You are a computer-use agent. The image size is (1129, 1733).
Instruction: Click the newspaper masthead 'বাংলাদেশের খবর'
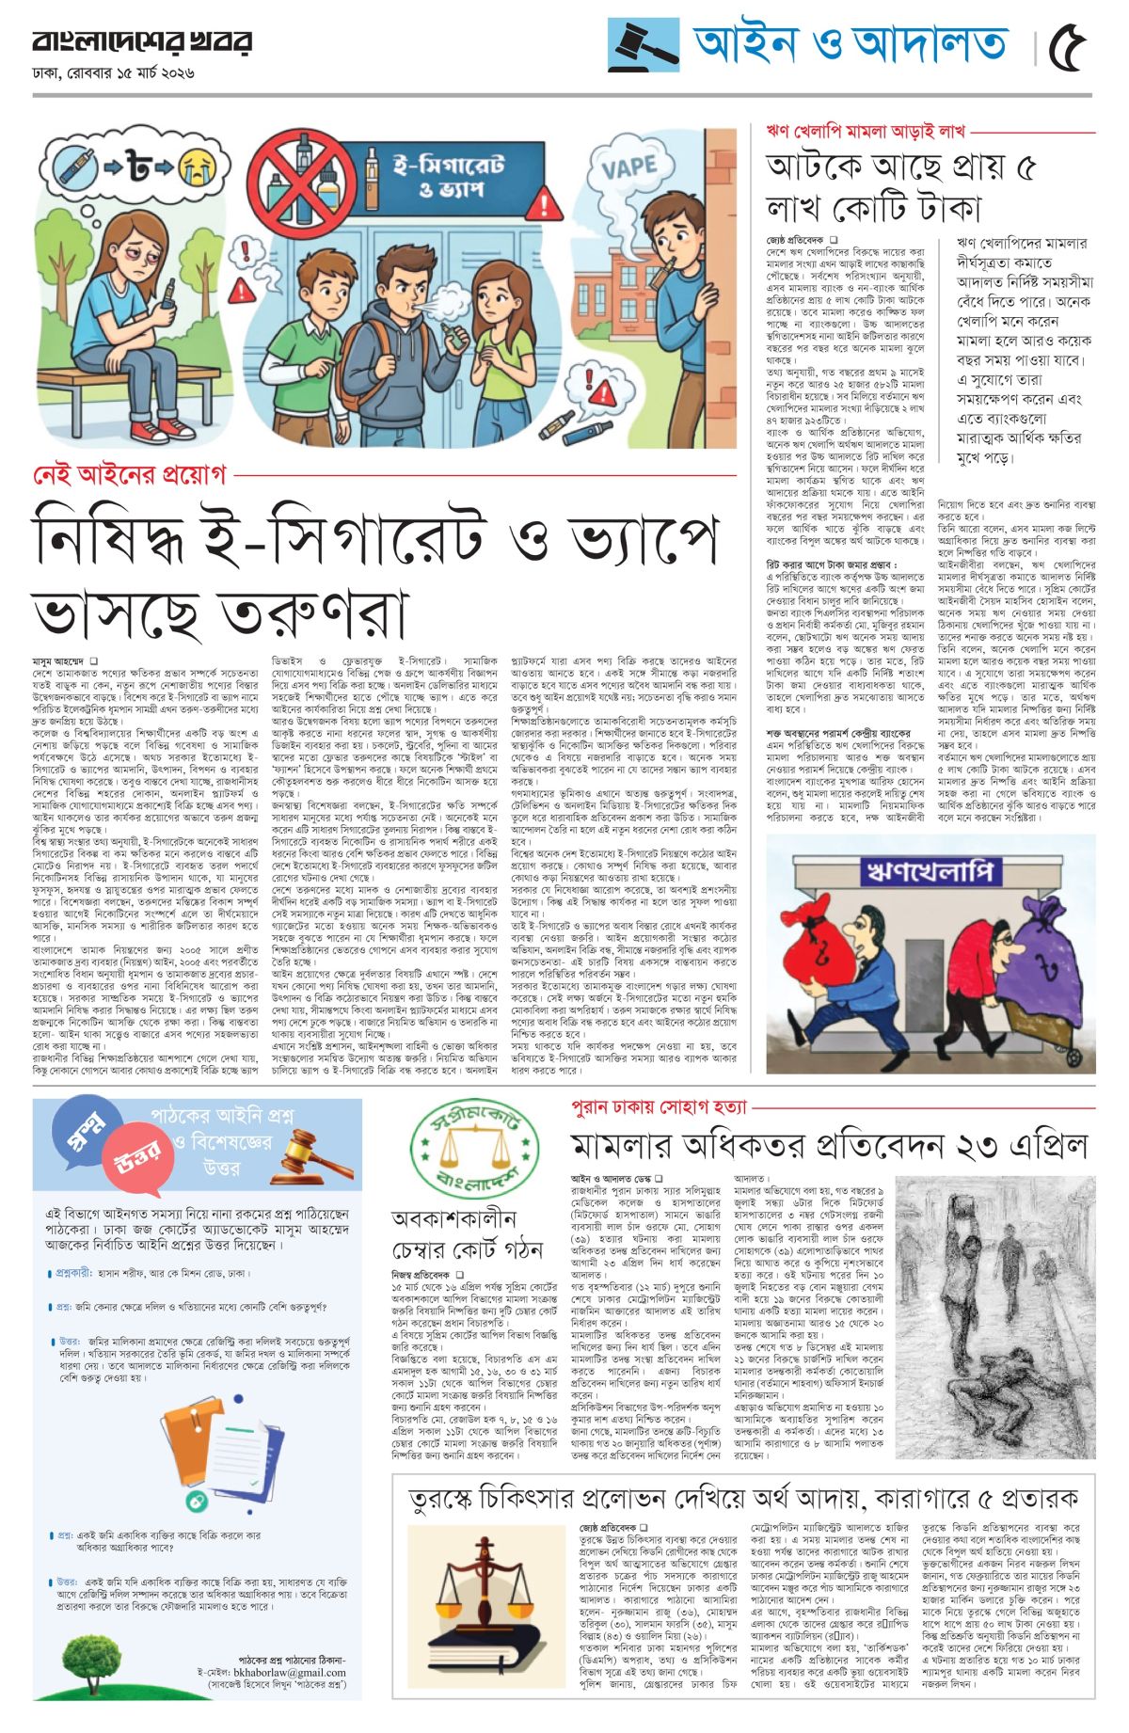tap(142, 41)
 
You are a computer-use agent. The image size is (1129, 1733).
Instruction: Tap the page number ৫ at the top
tap(1067, 45)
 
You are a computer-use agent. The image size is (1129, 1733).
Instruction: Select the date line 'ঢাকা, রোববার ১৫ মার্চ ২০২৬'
tap(113, 72)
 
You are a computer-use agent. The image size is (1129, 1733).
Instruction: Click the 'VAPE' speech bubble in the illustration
tap(628, 168)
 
